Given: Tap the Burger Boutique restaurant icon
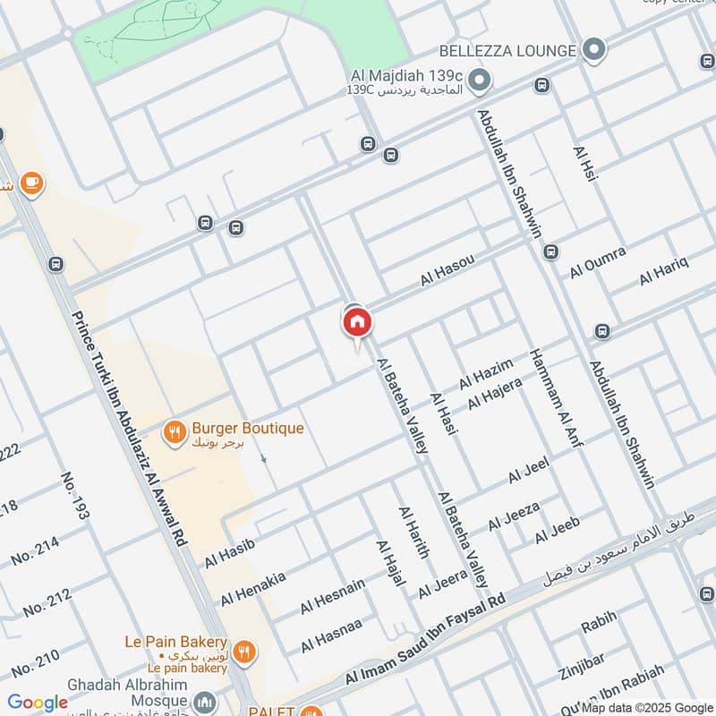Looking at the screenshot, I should point(175,433).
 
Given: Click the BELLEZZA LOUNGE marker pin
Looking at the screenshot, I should point(592,50).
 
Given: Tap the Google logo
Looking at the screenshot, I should point(38,703).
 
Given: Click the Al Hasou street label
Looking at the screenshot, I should point(447,270).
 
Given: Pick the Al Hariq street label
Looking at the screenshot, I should point(663,270).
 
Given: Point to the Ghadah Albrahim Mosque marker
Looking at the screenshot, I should point(205,701).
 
